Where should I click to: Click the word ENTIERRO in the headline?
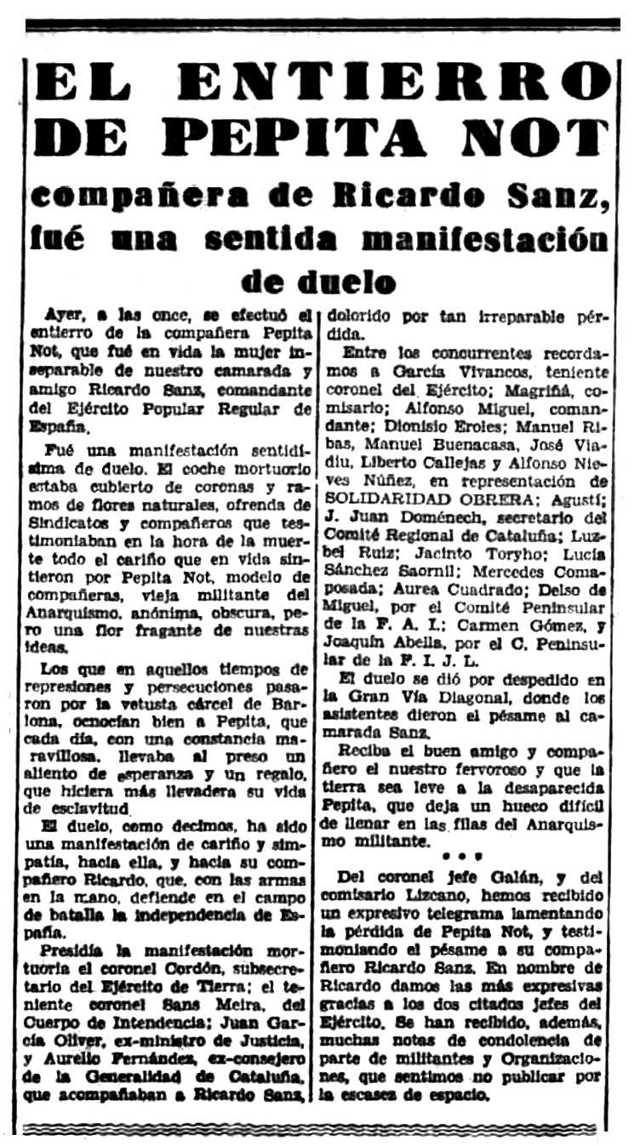(398, 83)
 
